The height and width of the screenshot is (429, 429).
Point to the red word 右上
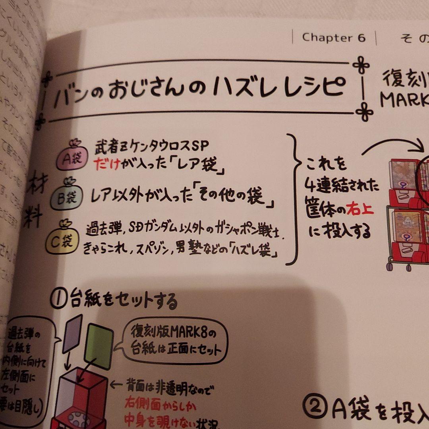pos(359,209)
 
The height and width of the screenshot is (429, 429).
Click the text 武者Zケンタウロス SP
pos(151,147)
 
